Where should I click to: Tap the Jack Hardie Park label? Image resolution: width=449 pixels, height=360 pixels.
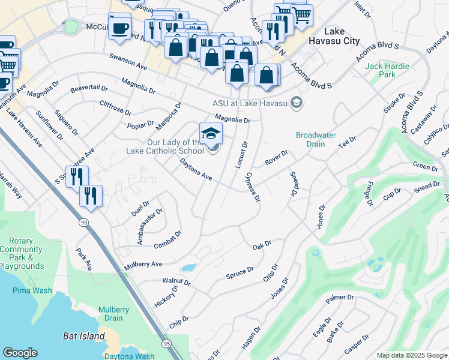(x=388, y=70)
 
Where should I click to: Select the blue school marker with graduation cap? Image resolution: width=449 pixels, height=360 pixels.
(x=211, y=133)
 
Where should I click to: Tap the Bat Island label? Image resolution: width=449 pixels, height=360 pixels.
(x=84, y=336)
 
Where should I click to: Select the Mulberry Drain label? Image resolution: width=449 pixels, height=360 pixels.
(x=113, y=314)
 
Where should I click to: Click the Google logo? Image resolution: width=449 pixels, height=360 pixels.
(x=20, y=353)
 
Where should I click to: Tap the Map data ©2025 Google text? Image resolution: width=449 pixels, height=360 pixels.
(x=411, y=355)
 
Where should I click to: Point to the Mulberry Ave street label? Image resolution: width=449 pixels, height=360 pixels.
(x=143, y=265)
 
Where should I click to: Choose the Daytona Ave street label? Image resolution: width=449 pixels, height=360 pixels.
(x=196, y=169)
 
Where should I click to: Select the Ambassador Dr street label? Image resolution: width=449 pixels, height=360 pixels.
(x=149, y=227)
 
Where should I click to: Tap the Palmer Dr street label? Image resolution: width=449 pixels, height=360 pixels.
(x=340, y=298)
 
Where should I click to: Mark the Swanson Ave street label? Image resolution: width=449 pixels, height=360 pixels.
(x=128, y=61)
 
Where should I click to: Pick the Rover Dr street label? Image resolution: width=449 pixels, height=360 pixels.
(x=277, y=158)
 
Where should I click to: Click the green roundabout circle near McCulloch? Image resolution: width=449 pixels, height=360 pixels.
(x=71, y=26)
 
